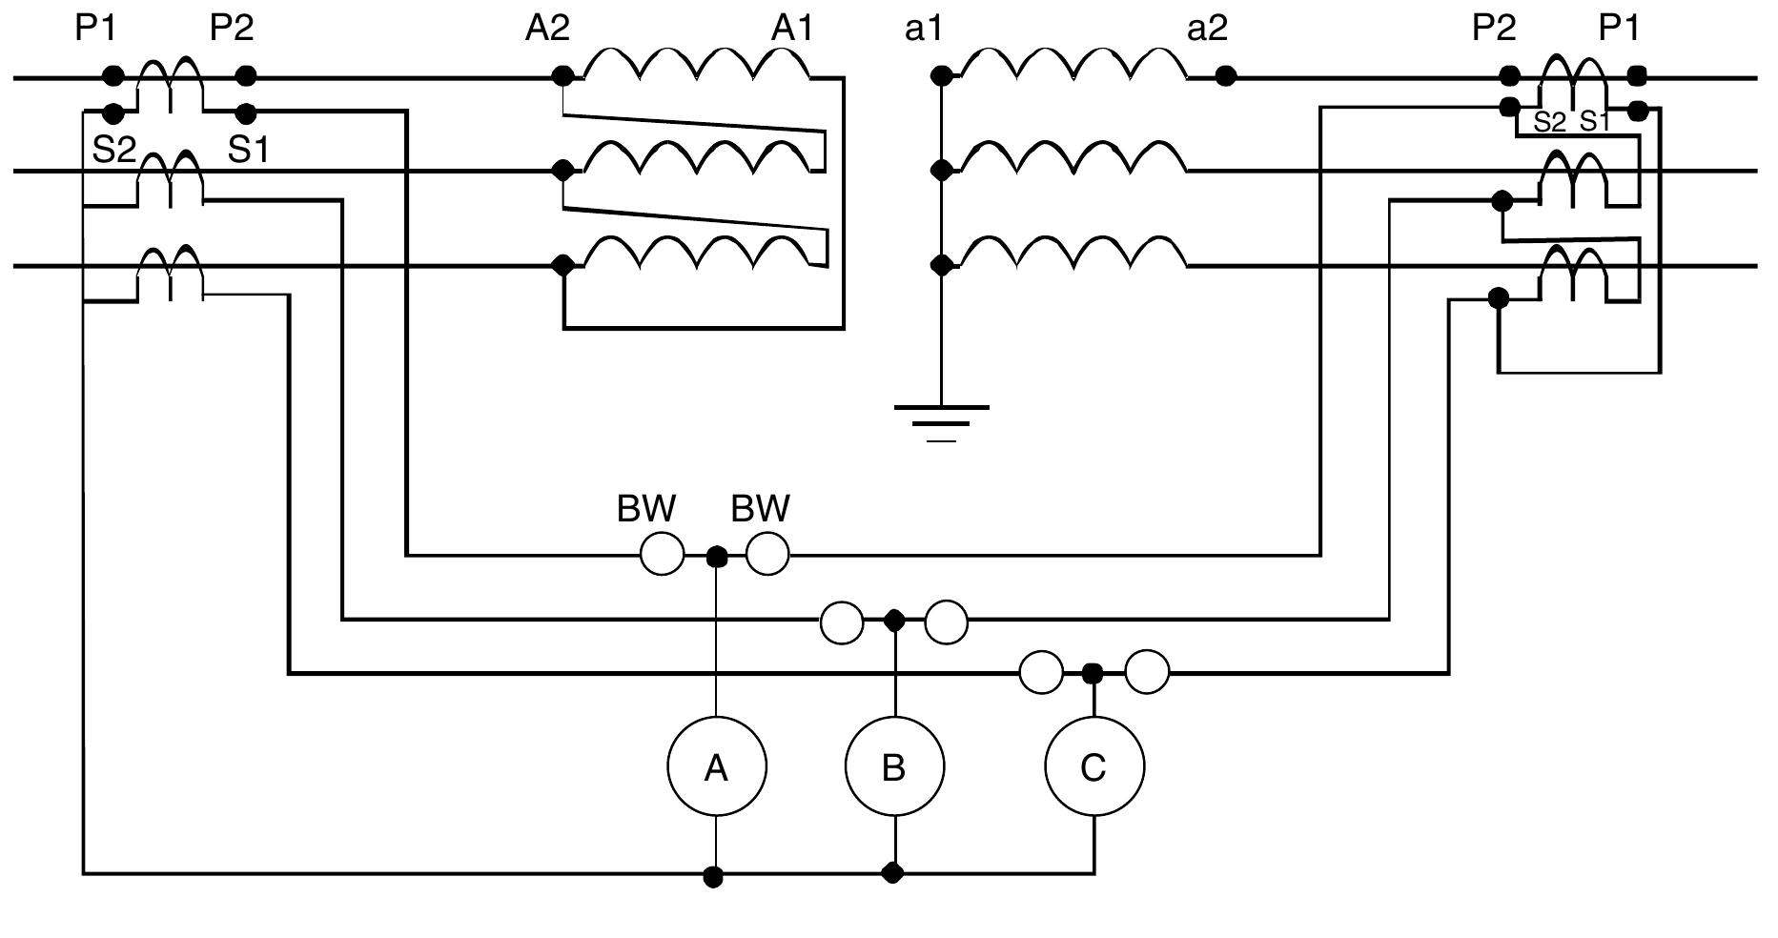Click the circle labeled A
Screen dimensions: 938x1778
(716, 766)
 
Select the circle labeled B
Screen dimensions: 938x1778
(894, 766)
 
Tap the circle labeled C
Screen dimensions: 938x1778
(1093, 766)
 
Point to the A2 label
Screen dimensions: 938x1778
(547, 29)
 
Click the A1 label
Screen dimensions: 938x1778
(793, 29)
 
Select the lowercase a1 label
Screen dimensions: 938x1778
(924, 29)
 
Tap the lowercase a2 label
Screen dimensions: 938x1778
(1207, 29)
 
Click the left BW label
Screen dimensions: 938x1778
(646, 509)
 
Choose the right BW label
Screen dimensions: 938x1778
(760, 509)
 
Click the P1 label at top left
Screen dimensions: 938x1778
(95, 29)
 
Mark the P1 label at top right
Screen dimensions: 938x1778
(1619, 29)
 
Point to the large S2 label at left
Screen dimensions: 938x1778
(114, 150)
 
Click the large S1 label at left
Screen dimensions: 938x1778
(248, 150)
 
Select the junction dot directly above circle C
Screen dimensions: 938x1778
(1093, 673)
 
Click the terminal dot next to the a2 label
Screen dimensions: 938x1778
(1226, 75)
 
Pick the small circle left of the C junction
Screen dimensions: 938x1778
(1041, 673)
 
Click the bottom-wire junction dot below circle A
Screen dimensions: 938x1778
(713, 876)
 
